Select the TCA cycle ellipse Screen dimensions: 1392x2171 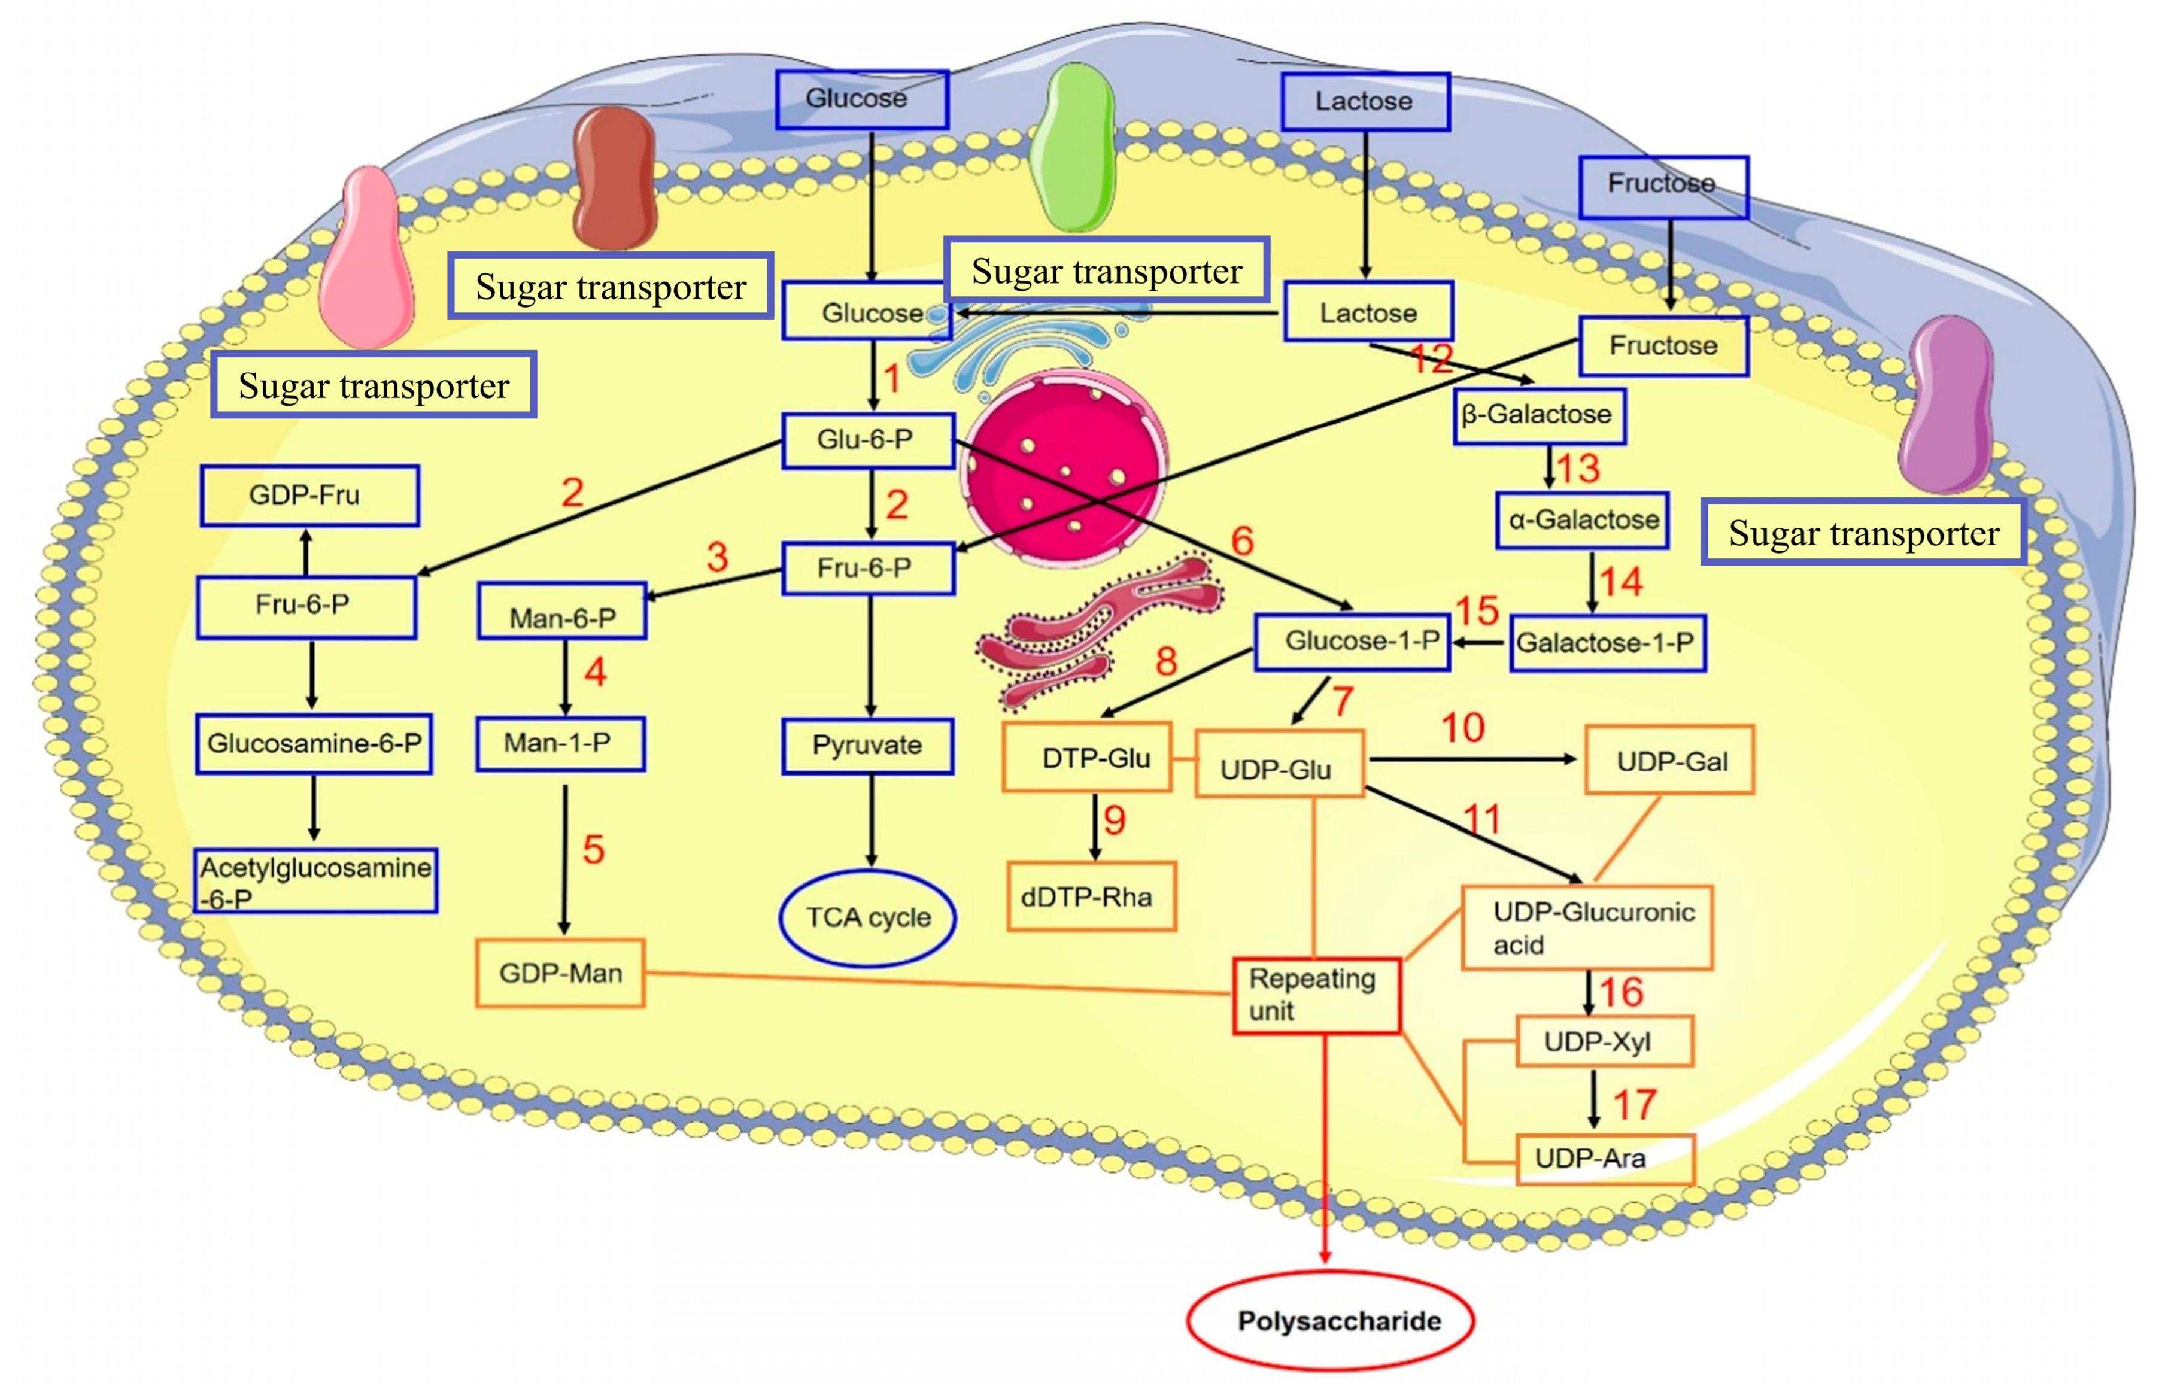tap(868, 917)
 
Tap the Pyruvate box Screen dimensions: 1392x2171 tap(868, 746)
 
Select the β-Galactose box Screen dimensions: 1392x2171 tap(1538, 415)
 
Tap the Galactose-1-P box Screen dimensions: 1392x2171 tap(1606, 643)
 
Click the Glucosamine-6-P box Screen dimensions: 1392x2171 tap(314, 744)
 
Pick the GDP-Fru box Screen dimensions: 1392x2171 tap(309, 496)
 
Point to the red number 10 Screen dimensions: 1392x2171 tap(1462, 728)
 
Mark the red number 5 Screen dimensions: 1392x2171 tap(593, 850)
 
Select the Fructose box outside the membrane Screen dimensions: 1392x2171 tap(1663, 186)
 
